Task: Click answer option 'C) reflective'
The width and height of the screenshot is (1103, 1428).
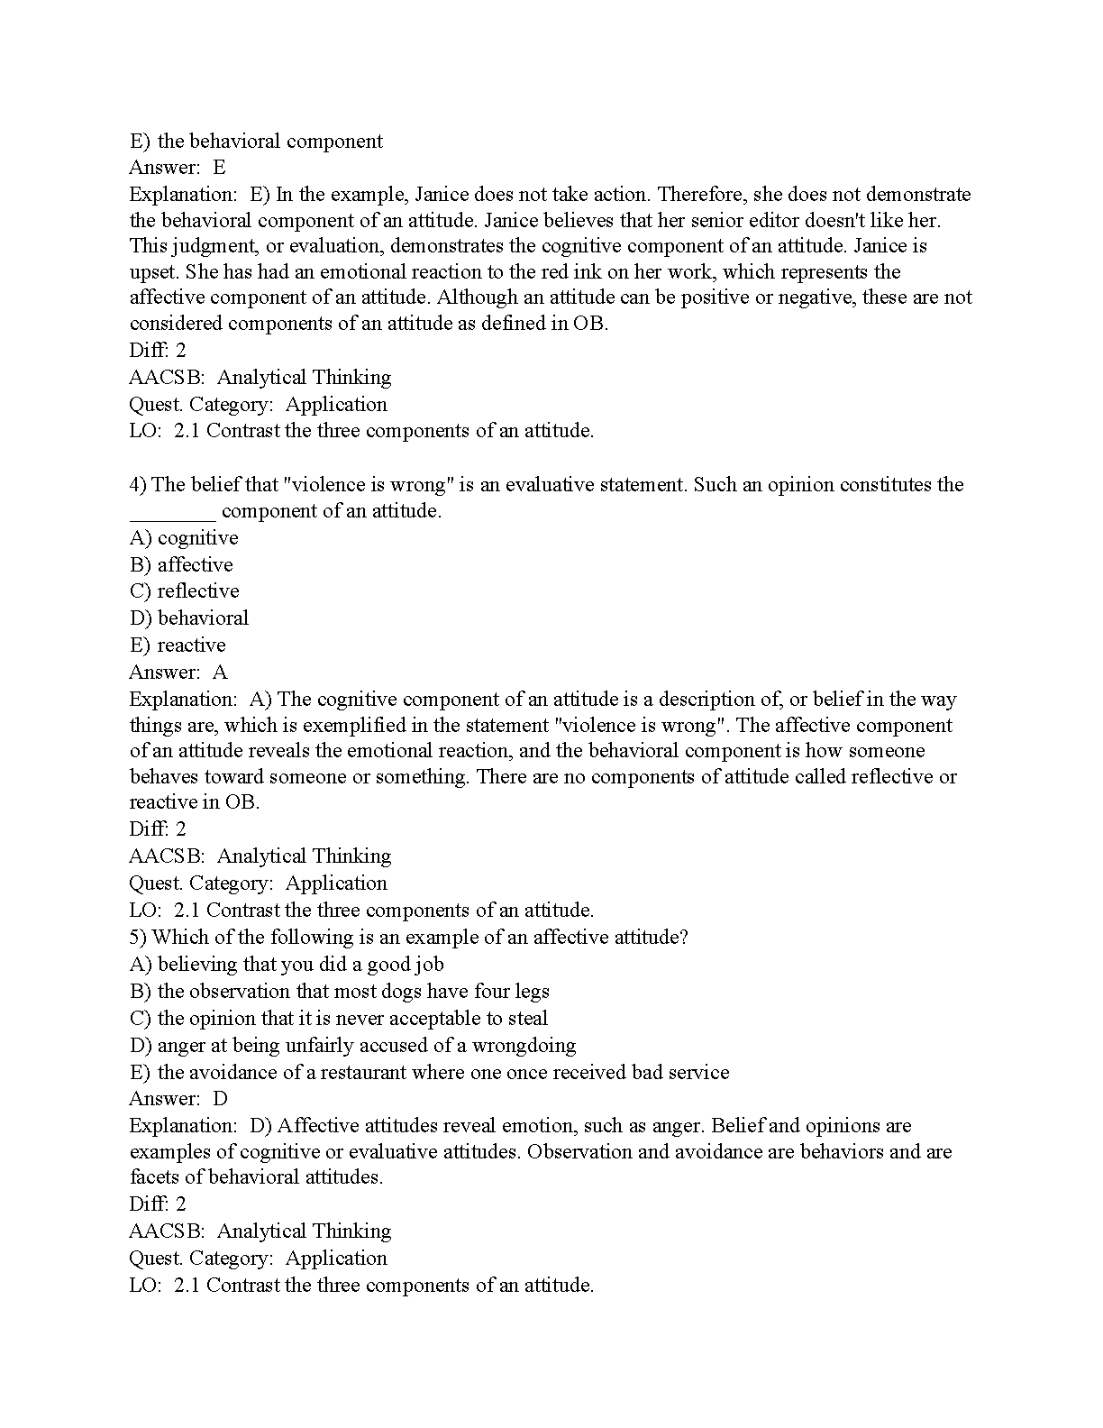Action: (x=185, y=591)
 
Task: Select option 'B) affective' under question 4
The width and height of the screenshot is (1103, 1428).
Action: (x=181, y=565)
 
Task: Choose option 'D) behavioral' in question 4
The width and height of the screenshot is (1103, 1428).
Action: (x=189, y=618)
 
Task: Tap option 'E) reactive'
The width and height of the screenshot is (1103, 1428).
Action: (x=178, y=645)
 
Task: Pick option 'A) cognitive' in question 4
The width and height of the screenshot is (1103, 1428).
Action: (x=184, y=538)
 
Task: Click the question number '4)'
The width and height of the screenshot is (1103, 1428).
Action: (x=139, y=485)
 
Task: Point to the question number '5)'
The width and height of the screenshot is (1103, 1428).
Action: (x=139, y=938)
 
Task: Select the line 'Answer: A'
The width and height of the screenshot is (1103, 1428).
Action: (x=178, y=673)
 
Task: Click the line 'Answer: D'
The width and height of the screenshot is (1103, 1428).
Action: (x=178, y=1099)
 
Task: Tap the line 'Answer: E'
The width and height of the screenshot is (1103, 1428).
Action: (x=178, y=168)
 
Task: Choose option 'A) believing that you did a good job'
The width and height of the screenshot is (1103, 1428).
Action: (x=287, y=965)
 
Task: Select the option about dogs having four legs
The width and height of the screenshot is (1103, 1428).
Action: (x=340, y=992)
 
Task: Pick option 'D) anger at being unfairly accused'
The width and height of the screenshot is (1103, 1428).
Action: (x=352, y=1046)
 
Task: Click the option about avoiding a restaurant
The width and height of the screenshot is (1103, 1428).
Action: (x=429, y=1073)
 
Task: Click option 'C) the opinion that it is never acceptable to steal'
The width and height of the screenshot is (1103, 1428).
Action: (x=339, y=1019)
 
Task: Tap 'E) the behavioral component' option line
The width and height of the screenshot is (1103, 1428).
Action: (x=256, y=142)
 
